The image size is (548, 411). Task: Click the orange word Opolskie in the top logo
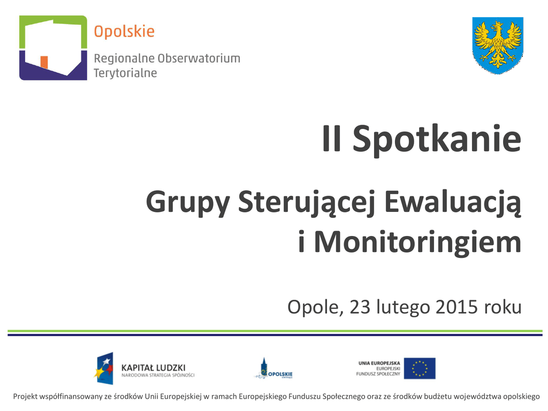(x=124, y=32)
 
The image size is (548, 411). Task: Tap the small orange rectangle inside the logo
(x=44, y=62)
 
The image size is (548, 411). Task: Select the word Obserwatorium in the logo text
(x=199, y=58)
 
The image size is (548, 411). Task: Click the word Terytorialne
(x=125, y=73)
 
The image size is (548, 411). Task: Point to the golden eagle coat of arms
(x=498, y=45)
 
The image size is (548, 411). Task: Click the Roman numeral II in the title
(x=331, y=139)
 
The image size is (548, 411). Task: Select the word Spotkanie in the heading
(x=437, y=140)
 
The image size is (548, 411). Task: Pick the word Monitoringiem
(x=417, y=242)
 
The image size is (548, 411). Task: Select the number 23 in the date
(x=360, y=307)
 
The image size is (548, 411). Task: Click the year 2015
(x=456, y=307)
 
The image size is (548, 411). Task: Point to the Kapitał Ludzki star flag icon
(x=104, y=368)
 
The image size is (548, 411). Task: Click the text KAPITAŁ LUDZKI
(x=153, y=368)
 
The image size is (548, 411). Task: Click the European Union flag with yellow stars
(x=420, y=368)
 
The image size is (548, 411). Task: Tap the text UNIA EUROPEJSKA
(x=379, y=363)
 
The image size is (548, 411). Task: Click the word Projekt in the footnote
(x=25, y=397)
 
